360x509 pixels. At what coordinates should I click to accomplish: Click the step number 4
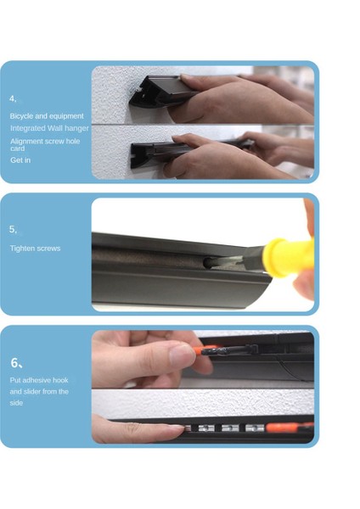(x=13, y=98)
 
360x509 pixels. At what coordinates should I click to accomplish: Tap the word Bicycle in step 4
(x=21, y=116)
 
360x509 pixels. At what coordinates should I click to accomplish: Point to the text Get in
(x=20, y=160)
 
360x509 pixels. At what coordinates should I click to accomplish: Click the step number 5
(x=13, y=230)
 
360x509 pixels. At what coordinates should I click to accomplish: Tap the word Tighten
(x=21, y=249)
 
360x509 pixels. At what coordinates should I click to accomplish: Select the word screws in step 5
(x=48, y=249)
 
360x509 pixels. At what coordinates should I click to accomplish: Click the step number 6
(x=16, y=362)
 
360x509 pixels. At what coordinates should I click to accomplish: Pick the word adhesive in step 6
(x=37, y=380)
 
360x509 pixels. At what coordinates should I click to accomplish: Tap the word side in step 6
(x=16, y=403)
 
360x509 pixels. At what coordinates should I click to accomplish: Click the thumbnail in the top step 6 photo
(x=181, y=355)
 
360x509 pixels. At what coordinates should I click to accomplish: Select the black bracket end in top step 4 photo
(x=143, y=94)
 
